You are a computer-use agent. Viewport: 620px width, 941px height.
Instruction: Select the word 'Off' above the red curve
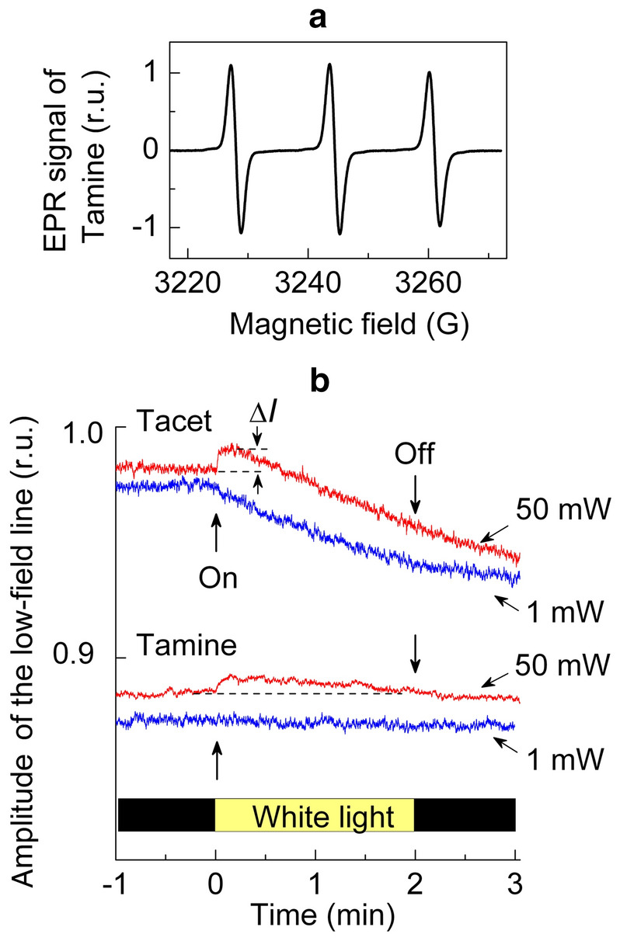click(415, 473)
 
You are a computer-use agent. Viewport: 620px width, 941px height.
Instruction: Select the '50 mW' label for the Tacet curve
click(555, 509)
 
